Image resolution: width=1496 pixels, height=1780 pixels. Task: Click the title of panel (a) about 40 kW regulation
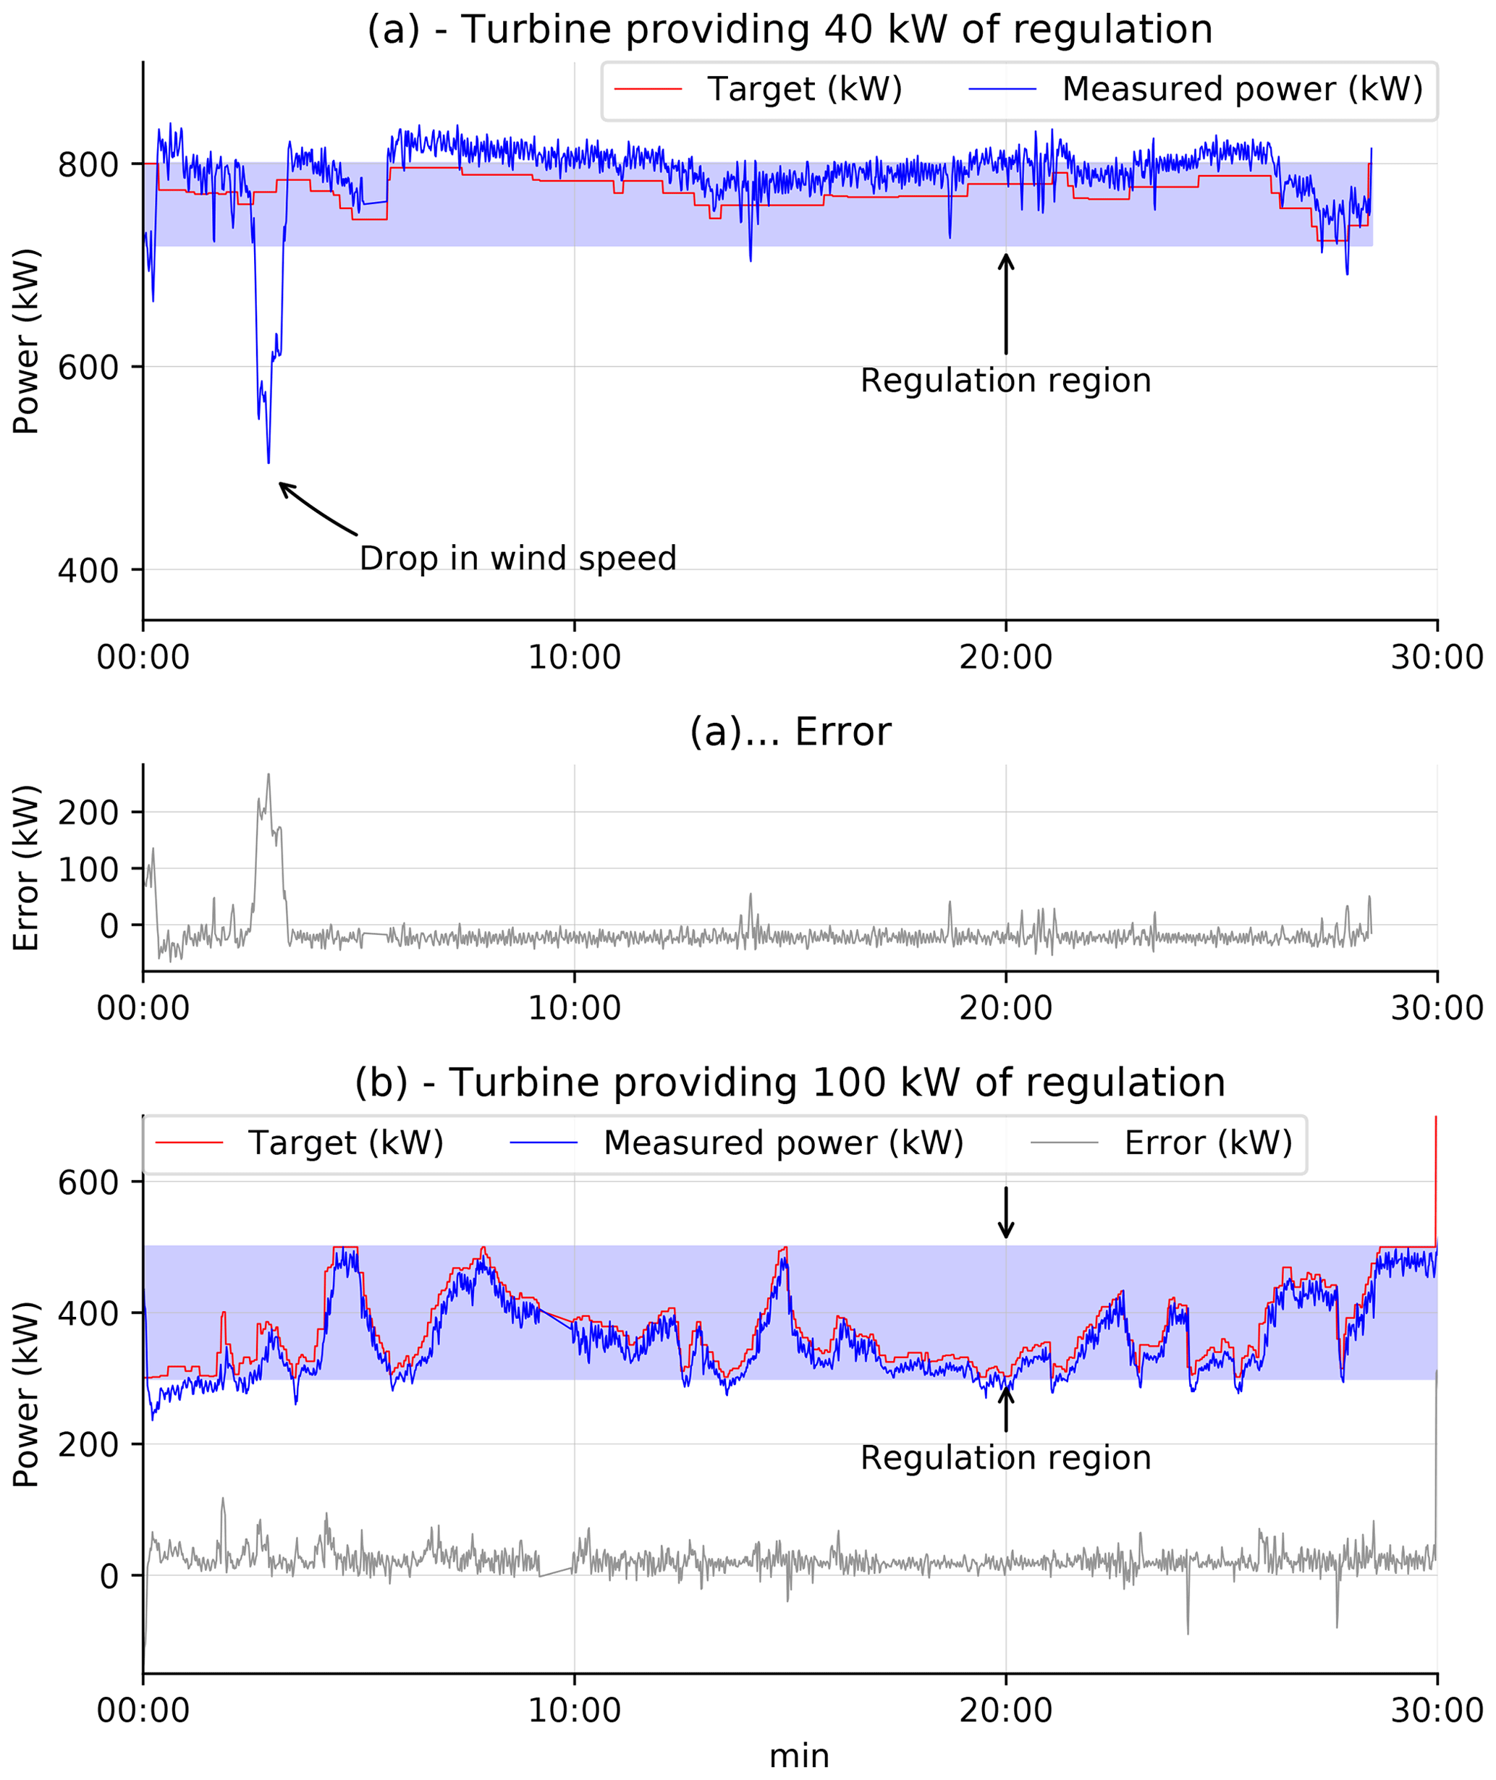790,30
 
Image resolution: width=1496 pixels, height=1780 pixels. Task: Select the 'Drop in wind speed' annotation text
517,559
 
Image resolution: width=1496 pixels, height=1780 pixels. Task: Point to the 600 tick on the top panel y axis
88,367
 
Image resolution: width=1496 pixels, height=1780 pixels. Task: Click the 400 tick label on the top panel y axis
88,571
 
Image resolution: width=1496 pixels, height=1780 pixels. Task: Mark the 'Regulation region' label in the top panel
1005,381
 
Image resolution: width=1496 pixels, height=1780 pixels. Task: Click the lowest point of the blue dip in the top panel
269,462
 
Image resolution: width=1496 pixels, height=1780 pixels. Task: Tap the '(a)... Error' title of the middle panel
790,732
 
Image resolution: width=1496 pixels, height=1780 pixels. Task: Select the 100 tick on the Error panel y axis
88,869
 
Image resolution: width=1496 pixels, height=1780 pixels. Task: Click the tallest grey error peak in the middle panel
268,774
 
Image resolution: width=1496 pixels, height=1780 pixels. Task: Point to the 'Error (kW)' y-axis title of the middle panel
27,868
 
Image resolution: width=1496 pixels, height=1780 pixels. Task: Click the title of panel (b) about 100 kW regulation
790,1084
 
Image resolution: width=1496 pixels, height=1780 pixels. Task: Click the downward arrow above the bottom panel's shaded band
1006,1213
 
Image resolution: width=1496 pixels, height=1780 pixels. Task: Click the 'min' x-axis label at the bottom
799,1755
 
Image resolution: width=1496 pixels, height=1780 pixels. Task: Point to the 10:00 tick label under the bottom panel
574,1711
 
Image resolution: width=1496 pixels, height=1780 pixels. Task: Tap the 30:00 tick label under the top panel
1437,657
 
